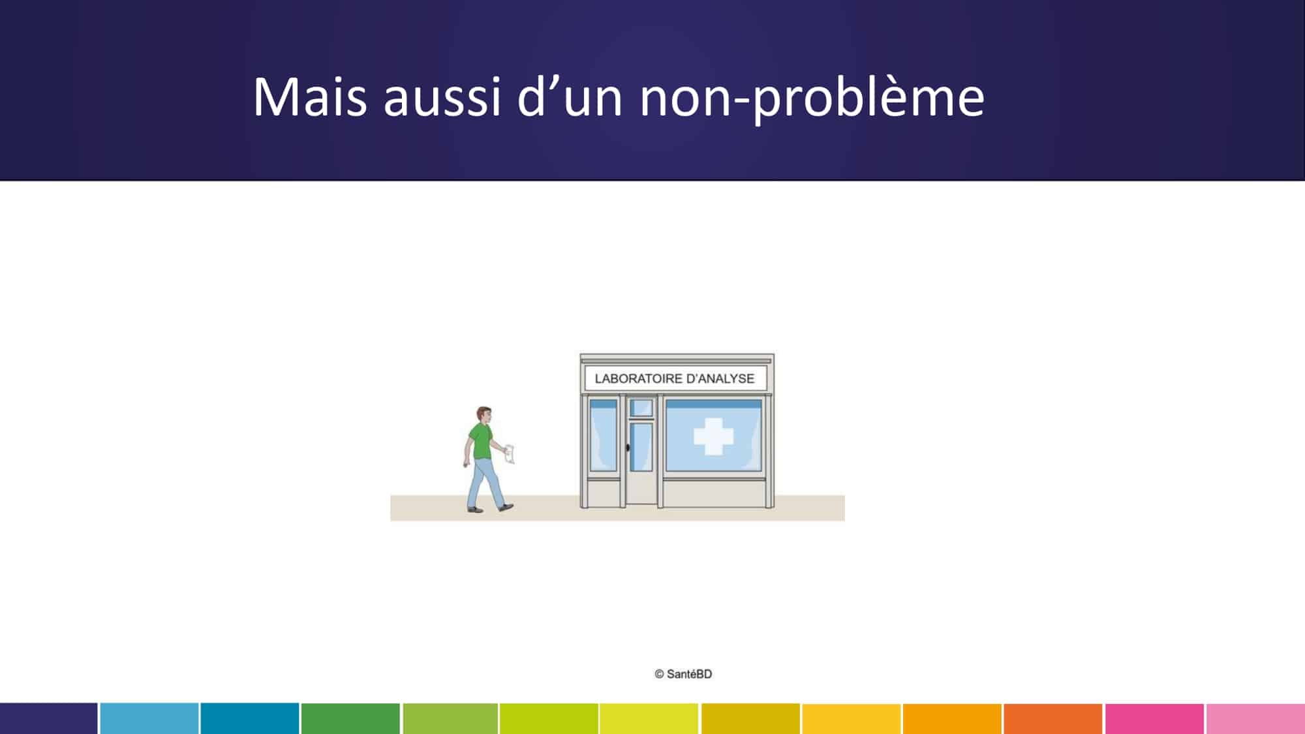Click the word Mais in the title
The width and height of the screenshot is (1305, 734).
[x=310, y=97]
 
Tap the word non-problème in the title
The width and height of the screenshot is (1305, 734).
[x=812, y=99]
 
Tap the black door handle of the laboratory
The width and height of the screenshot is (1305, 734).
[x=628, y=448]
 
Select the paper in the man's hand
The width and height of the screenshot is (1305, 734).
[x=510, y=454]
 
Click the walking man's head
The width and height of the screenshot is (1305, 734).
[x=484, y=415]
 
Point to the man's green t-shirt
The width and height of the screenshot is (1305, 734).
[x=481, y=442]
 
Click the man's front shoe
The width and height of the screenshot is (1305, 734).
[x=506, y=506]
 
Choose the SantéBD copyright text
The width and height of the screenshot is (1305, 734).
[x=683, y=674]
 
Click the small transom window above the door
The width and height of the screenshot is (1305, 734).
[x=641, y=408]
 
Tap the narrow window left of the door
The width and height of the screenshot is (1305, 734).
[x=603, y=435]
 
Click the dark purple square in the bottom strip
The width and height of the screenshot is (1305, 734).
[x=49, y=718]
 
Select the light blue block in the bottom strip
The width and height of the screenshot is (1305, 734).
[x=149, y=718]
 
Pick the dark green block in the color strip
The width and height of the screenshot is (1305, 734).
[x=350, y=718]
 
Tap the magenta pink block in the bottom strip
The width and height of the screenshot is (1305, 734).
[x=1154, y=718]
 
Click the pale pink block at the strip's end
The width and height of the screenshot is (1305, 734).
[x=1255, y=718]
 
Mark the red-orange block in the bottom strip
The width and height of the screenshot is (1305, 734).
[x=1053, y=718]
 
